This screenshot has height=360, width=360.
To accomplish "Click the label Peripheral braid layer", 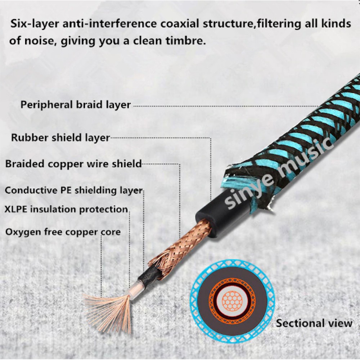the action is coord(76,105).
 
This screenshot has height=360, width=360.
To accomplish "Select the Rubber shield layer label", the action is coord(60,138).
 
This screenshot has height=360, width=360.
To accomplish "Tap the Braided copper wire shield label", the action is coord(73,164).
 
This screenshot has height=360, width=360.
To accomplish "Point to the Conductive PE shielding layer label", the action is coord(74,190).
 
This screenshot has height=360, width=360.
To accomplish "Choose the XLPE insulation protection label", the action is coord(66,210).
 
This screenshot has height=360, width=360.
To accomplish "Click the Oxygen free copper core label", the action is coord(63,232).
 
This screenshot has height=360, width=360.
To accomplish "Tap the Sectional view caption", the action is coord(314,323).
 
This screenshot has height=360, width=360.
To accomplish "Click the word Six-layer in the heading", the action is coord(35,24).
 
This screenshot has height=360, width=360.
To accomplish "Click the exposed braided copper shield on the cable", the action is coord(181,248).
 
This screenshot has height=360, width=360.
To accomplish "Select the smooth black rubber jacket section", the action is coord(220,214).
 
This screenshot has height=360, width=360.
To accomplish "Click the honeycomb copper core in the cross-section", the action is coord(232,301).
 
